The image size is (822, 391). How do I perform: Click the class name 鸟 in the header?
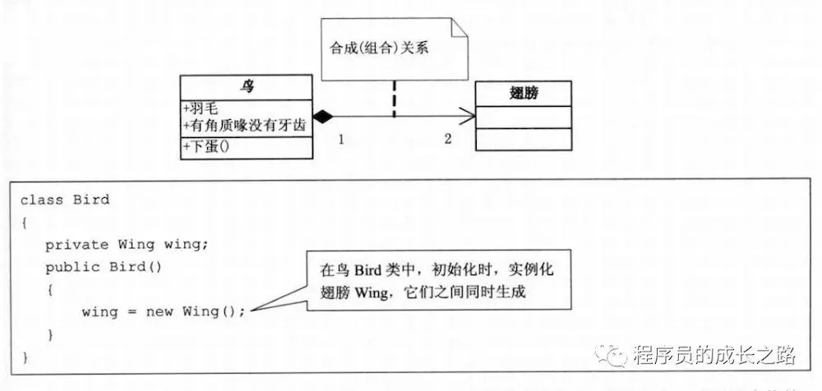pyautogui.click(x=247, y=86)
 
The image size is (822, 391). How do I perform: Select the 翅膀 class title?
pyautogui.click(x=524, y=93)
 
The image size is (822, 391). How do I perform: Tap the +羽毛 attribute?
pyautogui.click(x=202, y=108)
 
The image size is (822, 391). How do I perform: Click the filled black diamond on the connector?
pyautogui.click(x=321, y=117)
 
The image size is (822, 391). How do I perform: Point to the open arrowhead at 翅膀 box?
pyautogui.click(x=469, y=117)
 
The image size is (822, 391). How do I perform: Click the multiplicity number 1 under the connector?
pyautogui.click(x=341, y=140)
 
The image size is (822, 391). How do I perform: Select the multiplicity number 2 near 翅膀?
pyautogui.click(x=448, y=139)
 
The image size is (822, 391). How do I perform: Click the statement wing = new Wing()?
pyautogui.click(x=164, y=311)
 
